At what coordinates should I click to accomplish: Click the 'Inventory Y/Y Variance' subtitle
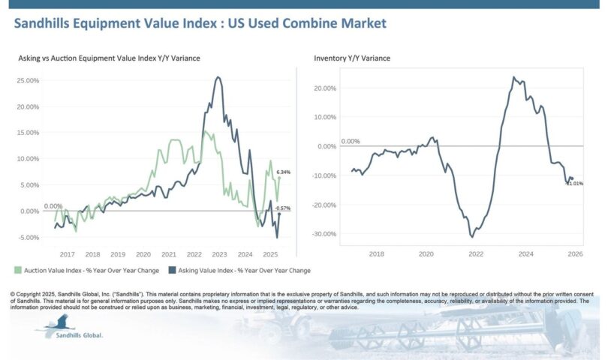click(x=352, y=58)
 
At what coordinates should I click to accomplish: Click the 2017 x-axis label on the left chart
click(x=67, y=254)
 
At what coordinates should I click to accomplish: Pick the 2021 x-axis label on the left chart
click(x=169, y=254)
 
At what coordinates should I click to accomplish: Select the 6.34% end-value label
click(x=283, y=172)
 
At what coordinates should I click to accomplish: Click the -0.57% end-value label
click(x=283, y=208)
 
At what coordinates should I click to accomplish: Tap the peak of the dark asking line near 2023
click(x=218, y=76)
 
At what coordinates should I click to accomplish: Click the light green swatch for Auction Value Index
click(x=17, y=270)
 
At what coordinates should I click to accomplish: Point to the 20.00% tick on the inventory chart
click(x=327, y=88)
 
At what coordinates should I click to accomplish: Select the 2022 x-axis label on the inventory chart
click(x=476, y=254)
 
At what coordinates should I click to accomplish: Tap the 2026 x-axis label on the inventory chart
click(x=576, y=254)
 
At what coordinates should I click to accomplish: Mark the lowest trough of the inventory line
click(x=472, y=237)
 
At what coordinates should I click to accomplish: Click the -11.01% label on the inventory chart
click(x=574, y=184)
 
